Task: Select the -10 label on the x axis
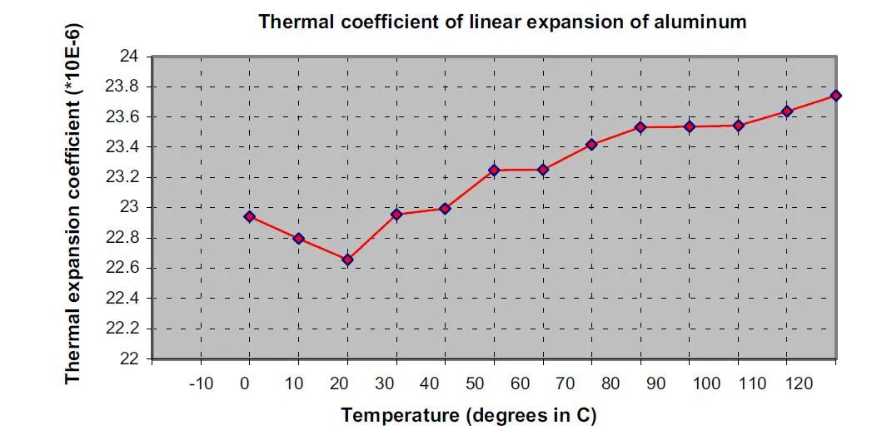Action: click(201, 384)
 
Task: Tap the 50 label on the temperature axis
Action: click(475, 384)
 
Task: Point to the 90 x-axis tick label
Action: click(656, 384)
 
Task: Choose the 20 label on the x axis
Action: click(339, 384)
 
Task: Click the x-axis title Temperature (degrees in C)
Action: click(469, 415)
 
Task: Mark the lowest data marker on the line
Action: click(347, 260)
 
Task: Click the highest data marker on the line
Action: click(835, 96)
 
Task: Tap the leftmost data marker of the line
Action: click(250, 216)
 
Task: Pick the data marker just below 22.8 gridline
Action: click(299, 239)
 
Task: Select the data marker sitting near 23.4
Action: click(591, 145)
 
